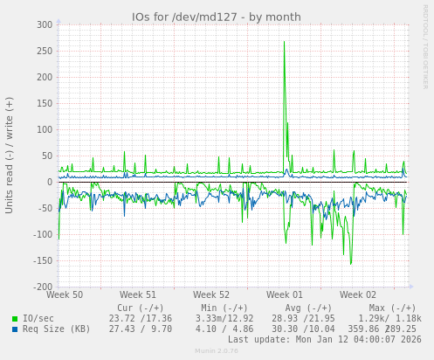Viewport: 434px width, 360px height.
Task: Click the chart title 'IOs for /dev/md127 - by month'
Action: [x=217, y=17]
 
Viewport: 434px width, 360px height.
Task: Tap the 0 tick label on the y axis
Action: [x=51, y=182]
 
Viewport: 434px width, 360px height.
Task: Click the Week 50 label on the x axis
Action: [x=65, y=295]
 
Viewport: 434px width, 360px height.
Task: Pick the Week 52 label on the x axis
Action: [x=211, y=295]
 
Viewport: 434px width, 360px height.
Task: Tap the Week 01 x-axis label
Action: [x=285, y=295]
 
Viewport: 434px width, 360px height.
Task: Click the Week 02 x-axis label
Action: [x=358, y=295]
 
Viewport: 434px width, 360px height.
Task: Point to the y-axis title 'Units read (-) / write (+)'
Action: [x=10, y=155]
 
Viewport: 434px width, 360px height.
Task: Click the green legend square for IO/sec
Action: [x=15, y=319]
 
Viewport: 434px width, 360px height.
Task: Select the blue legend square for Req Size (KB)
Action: [x=15, y=329]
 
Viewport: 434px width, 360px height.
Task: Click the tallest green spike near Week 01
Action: [x=284, y=42]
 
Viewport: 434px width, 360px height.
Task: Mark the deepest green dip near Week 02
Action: [x=351, y=262]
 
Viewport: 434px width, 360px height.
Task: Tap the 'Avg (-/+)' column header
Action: [x=303, y=308]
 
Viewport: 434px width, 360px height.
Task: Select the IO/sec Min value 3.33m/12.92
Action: [x=224, y=318]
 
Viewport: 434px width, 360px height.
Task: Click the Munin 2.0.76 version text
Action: [x=217, y=351]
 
